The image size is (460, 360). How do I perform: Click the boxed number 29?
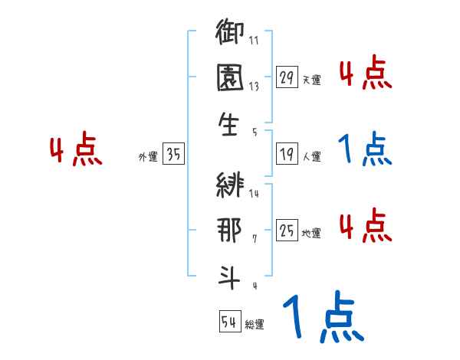286,77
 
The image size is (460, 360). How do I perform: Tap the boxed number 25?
286,231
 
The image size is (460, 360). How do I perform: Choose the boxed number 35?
173,155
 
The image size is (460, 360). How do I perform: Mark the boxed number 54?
229,322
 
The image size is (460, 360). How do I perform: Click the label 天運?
311,80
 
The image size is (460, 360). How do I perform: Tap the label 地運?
311,233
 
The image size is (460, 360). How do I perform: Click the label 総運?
255,324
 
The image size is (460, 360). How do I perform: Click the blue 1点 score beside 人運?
365,150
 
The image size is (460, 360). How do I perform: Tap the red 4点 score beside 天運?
365,73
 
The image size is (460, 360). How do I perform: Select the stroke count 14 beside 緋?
254,194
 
